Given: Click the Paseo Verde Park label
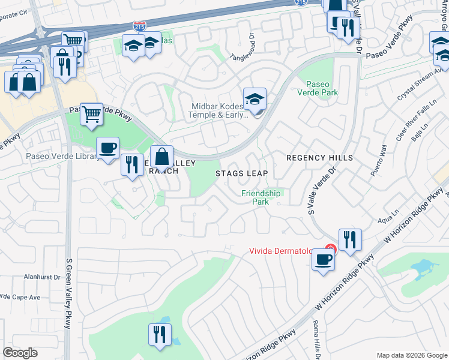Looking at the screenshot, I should pos(322,88).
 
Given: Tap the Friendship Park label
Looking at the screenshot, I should pos(261,197).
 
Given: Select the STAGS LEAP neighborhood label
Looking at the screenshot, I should pos(241,173).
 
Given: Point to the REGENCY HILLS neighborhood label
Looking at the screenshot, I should pos(319,158).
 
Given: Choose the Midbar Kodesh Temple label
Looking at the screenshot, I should pos(218,111).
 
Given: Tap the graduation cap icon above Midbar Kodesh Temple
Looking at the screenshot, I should pos(255,98).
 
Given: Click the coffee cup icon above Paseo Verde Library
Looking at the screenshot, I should pos(107,148).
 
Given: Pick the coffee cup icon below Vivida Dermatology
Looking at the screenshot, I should pos(323,260).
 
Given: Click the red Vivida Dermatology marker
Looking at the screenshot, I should pos(330,248).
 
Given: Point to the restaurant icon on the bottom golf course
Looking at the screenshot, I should pos(160,334).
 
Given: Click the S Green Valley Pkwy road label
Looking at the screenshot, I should pos(68,293).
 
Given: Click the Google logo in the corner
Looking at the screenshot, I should pos(20,353).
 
